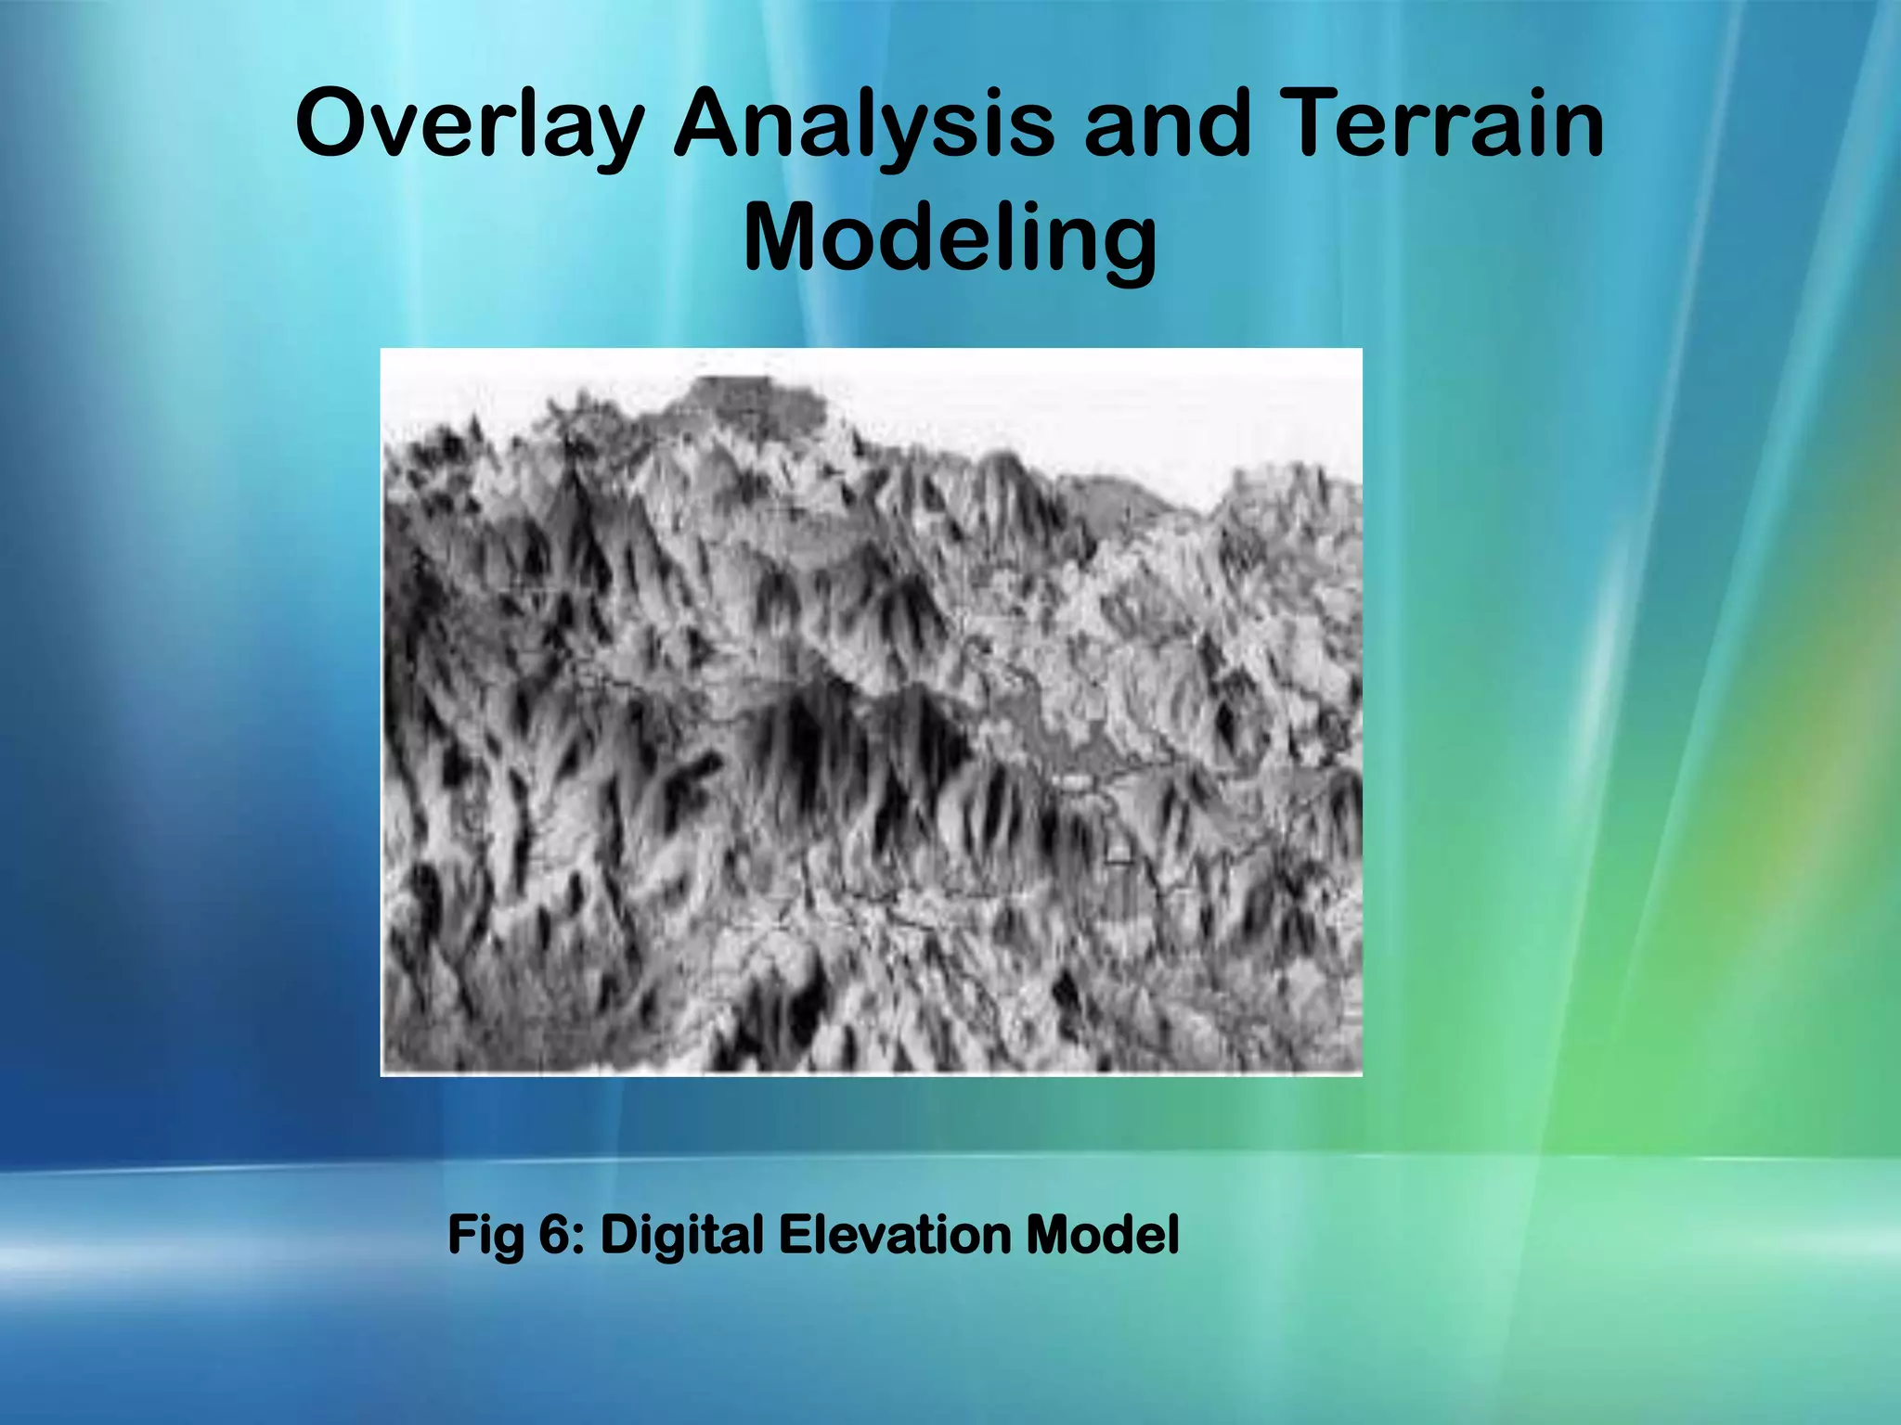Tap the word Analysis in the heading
click(863, 125)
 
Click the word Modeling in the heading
click(950, 239)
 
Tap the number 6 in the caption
click(554, 1236)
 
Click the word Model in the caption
click(1102, 1236)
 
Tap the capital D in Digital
click(619, 1236)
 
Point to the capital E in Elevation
click(796, 1236)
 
